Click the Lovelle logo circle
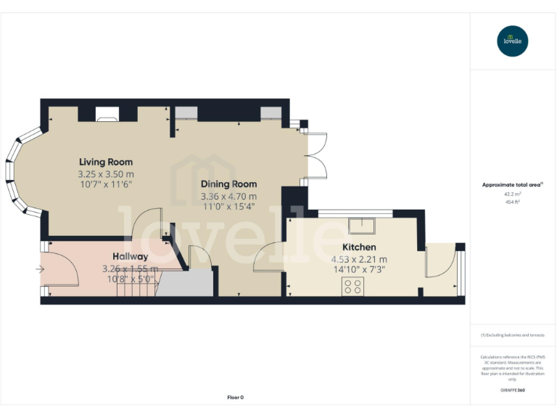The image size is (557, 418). point(513,41)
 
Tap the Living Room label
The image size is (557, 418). point(106,162)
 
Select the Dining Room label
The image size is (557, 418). point(228,184)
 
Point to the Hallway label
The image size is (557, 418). point(131,256)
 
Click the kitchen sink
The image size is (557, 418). point(360,226)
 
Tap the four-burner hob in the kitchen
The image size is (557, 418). point(353,287)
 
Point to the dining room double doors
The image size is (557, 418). point(317,156)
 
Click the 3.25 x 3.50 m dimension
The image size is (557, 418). point(106,174)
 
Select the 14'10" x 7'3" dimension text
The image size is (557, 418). point(358,269)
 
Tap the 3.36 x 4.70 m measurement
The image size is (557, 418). point(228,196)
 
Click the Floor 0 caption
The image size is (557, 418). point(235,397)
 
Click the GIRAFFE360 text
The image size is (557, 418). point(513,390)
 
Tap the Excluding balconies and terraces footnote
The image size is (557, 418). point(513,335)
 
